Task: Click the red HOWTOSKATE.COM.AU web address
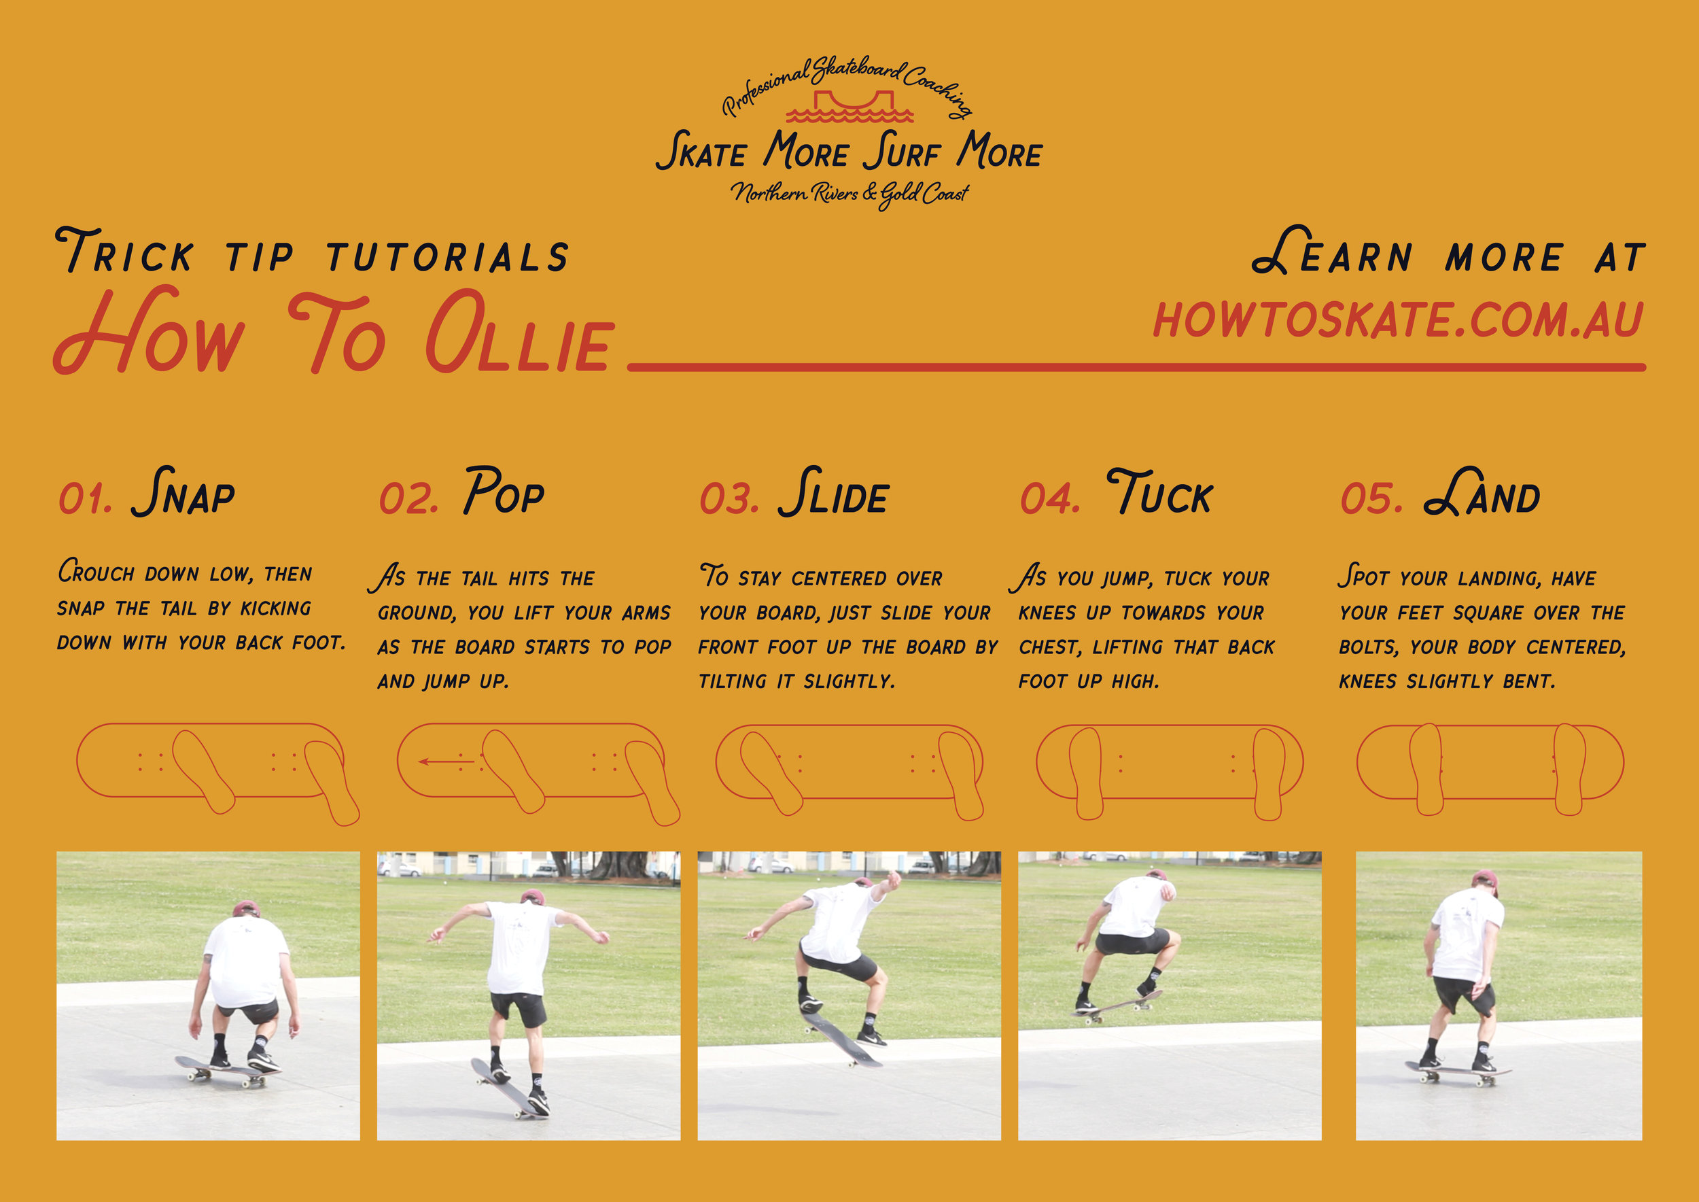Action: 1398,320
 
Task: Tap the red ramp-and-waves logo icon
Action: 849,107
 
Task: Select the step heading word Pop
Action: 504,492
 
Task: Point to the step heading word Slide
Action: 833,492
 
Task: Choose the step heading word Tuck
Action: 1159,492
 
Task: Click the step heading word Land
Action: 1482,492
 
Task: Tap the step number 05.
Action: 1371,498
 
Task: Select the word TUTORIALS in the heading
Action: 448,258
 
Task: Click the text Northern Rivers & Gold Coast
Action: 849,194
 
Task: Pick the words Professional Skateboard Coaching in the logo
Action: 848,84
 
